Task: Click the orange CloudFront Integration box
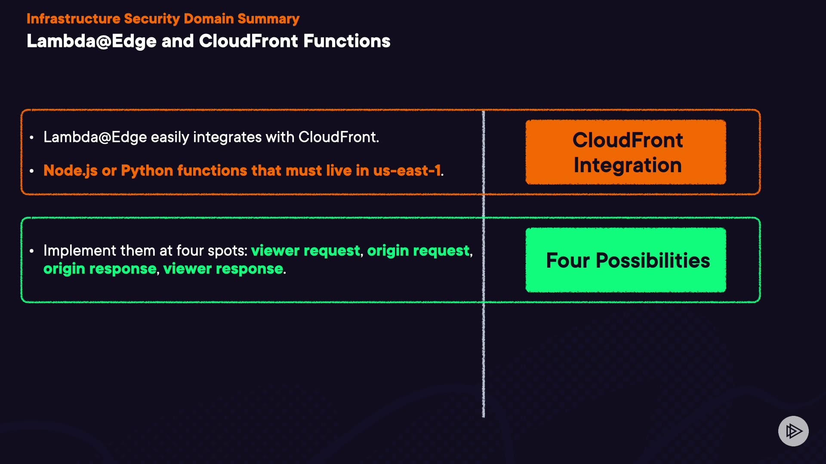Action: [x=626, y=153]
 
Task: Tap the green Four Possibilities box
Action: [x=626, y=260]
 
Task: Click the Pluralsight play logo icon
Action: [x=793, y=431]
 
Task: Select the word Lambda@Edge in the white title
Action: [x=91, y=41]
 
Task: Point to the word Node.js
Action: [x=71, y=171]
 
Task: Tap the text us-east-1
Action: [x=407, y=171]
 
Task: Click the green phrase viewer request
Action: [x=305, y=250]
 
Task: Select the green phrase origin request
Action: [x=418, y=250]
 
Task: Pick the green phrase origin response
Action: [x=100, y=269]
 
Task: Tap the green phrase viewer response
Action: [x=223, y=269]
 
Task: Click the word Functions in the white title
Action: [x=347, y=41]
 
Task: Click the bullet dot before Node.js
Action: [x=32, y=171]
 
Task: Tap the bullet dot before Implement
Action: [x=32, y=251]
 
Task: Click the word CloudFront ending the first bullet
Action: [x=337, y=137]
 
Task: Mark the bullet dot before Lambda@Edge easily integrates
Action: [x=32, y=137]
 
